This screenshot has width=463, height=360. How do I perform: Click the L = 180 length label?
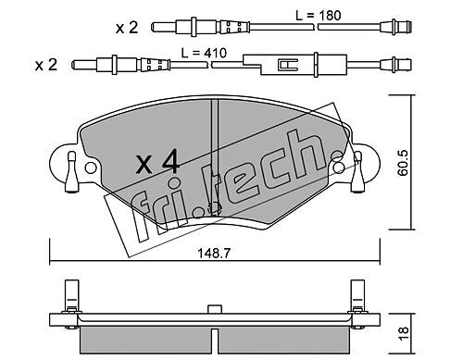point(319,15)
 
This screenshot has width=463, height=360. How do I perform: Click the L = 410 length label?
point(204,53)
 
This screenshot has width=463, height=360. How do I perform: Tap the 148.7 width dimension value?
point(214,254)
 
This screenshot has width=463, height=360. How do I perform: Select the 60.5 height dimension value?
point(403,163)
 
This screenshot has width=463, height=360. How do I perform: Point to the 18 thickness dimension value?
point(403,333)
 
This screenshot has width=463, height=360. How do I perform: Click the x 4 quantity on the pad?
point(158,161)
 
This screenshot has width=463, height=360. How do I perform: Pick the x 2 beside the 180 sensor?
point(127,28)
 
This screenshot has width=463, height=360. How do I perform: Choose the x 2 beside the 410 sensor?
point(46,65)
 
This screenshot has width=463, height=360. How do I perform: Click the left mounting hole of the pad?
point(91,168)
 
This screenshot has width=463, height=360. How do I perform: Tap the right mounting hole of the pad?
point(339,167)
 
